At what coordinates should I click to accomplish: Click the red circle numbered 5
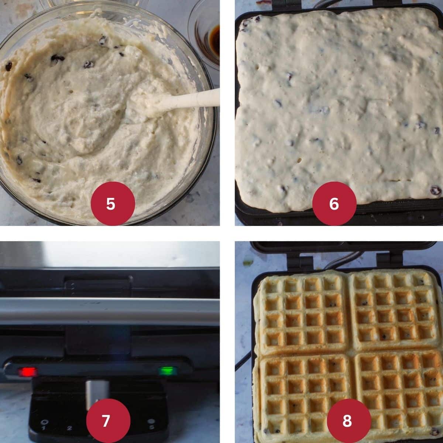click(x=110, y=203)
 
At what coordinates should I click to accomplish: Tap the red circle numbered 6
click(x=334, y=203)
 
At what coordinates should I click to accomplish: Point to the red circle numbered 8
click(x=347, y=420)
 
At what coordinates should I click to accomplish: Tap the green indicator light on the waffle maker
click(x=168, y=371)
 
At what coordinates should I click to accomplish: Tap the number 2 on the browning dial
click(x=69, y=428)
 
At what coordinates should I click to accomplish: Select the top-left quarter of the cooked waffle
click(x=303, y=312)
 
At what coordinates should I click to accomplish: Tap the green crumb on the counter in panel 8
click(x=248, y=263)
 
